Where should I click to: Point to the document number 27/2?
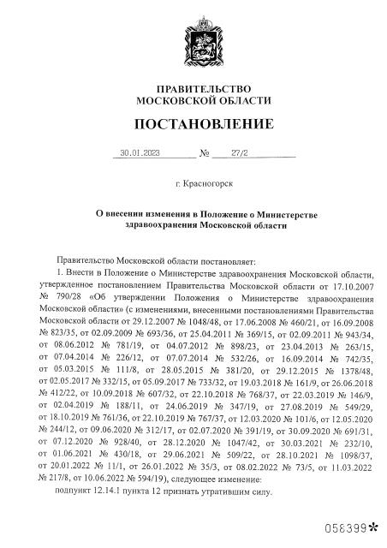point(234,155)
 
